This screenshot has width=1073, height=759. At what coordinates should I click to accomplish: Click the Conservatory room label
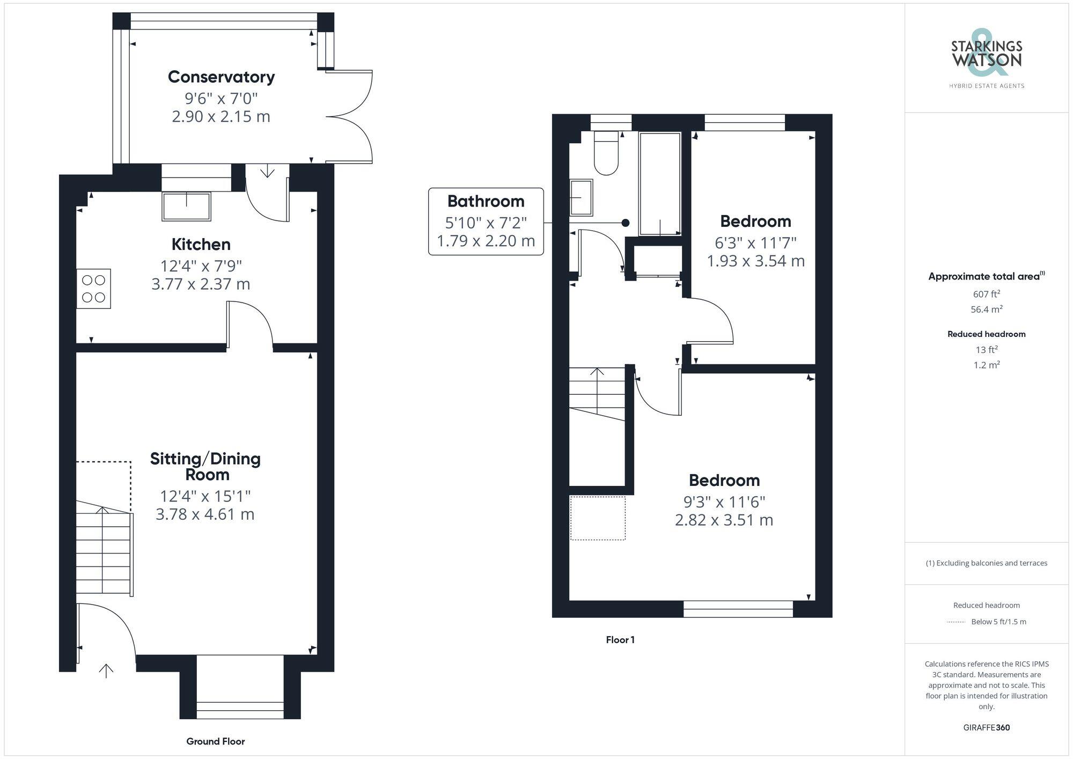click(x=221, y=77)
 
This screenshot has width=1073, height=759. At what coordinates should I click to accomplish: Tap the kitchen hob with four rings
click(x=93, y=289)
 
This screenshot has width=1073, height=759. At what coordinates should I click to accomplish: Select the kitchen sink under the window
click(x=186, y=207)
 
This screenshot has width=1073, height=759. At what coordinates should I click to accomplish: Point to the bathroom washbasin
click(x=581, y=197)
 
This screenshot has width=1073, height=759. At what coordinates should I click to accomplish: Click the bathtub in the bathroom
click(x=660, y=183)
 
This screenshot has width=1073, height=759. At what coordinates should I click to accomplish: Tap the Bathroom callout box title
click(x=486, y=202)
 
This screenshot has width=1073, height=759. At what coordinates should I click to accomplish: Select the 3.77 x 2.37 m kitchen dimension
click(x=201, y=284)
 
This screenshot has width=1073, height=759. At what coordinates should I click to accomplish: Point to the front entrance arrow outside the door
click(x=106, y=670)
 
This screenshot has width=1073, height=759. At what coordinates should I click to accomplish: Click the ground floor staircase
click(x=103, y=552)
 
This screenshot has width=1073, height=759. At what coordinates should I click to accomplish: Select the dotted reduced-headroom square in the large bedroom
click(x=598, y=518)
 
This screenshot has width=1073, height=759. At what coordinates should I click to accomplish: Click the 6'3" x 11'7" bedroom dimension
click(x=755, y=243)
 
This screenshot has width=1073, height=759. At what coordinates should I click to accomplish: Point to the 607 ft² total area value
click(x=986, y=294)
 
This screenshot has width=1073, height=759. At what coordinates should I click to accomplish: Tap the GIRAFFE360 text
click(x=986, y=727)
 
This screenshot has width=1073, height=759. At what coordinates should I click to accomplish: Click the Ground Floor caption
click(x=215, y=741)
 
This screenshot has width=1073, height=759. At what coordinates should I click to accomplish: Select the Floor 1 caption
click(x=620, y=639)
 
